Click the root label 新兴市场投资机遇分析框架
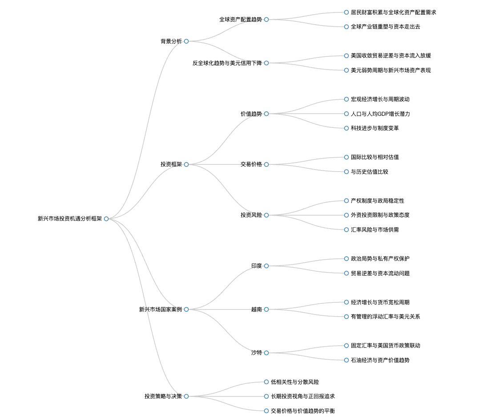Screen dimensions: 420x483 pos(70,219)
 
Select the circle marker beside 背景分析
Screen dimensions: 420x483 pos(186,41)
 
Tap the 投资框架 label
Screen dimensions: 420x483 pos(171,164)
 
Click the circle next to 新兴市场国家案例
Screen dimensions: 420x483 pos(186,310)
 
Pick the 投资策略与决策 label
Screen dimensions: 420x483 pos(163,396)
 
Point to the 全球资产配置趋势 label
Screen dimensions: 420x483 pos(241,20)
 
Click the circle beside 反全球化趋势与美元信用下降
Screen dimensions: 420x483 pos(266,63)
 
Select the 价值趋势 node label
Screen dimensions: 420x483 pos(251,114)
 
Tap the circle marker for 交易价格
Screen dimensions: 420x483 pos(266,164)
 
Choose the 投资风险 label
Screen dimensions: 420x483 pos(251,215)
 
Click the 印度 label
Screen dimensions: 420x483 pos(257,266)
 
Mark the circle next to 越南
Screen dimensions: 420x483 pos(266,310)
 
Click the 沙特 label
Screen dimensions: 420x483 pos(257,353)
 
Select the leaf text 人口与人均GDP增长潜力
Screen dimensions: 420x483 pos(380,114)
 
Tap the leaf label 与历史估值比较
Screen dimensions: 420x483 pos(370,172)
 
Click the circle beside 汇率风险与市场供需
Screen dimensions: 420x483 pos(346,230)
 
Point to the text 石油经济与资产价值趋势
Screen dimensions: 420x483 pos(380,360)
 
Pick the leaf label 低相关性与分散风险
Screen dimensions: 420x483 pos(295,382)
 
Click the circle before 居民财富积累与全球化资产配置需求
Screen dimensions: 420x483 pos(346,12)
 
